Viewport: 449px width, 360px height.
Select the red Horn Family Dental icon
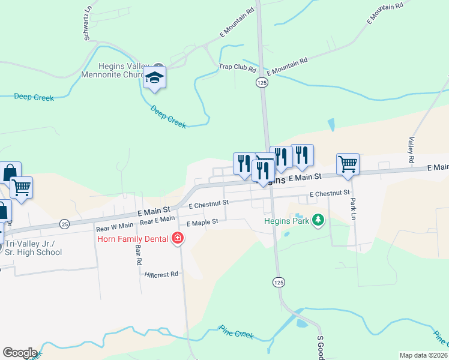[x=177, y=238]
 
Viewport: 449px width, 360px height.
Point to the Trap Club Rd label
[x=237, y=67]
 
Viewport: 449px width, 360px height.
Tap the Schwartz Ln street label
[x=88, y=28]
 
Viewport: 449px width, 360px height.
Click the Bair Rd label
[x=138, y=254]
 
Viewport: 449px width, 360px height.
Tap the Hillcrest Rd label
[x=162, y=274]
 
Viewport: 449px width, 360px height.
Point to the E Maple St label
[x=202, y=223]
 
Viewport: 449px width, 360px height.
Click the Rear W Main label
[x=114, y=227]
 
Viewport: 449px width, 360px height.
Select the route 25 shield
[x=64, y=224]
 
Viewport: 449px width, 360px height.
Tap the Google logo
[x=20, y=353]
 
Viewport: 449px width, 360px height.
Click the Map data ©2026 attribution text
[x=423, y=355]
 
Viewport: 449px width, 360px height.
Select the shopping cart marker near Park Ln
[x=348, y=163]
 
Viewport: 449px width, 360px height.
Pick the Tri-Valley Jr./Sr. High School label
[x=36, y=248]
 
